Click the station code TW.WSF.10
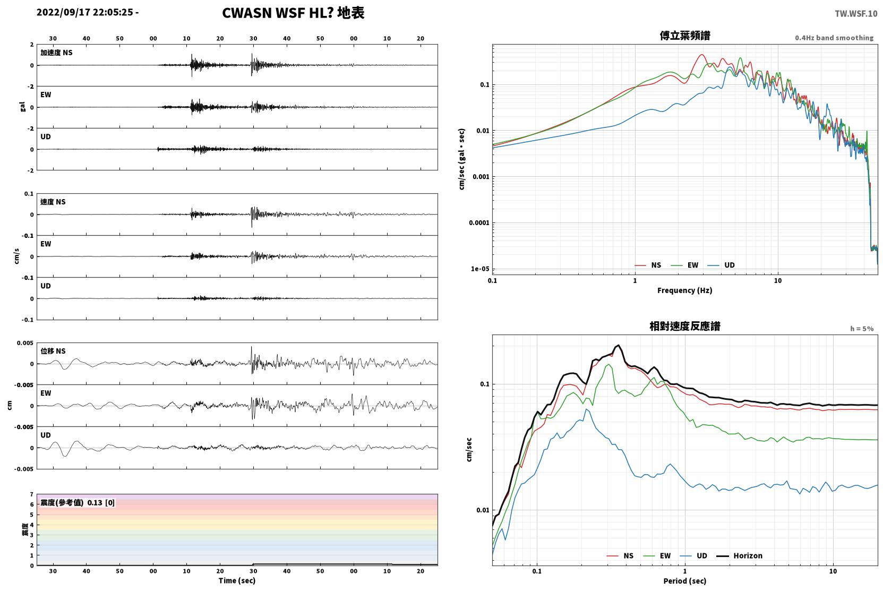(856, 14)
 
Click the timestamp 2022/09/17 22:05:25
(85, 12)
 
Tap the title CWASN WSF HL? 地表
(293, 13)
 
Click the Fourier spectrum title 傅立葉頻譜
(685, 36)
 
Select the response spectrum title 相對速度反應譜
(685, 326)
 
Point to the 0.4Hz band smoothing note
(834, 38)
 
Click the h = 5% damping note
(862, 329)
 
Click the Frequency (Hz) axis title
(685, 290)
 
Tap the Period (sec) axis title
(685, 581)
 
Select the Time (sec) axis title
(237, 580)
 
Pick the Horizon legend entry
(739, 555)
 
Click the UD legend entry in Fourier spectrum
(721, 265)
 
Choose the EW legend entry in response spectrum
(657, 555)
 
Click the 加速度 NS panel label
(56, 53)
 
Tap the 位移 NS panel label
(53, 351)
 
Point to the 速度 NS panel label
(53, 202)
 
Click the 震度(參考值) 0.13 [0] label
(78, 503)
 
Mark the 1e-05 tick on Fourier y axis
(480, 269)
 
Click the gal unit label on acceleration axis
(22, 107)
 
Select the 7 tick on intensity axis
(32, 494)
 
